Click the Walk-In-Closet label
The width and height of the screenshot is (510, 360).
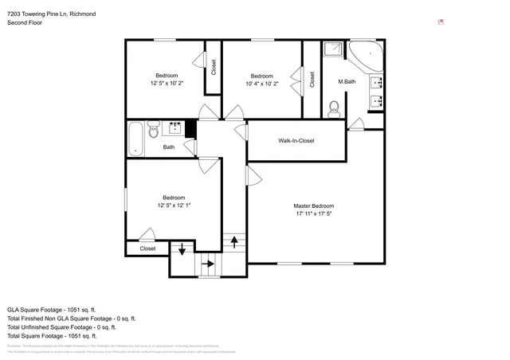coord(296,141)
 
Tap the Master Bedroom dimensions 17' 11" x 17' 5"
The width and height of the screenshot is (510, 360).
coord(313,213)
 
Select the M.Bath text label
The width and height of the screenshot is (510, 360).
coord(347,82)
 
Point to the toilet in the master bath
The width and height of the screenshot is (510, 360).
coord(335,107)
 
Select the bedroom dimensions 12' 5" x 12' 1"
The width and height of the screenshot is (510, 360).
coord(174,205)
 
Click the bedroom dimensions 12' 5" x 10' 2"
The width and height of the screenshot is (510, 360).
coord(166,83)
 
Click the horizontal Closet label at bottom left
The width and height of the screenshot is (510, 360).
coord(148,248)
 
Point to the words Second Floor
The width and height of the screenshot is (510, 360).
coord(24,23)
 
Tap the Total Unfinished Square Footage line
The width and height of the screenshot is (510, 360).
coord(61,327)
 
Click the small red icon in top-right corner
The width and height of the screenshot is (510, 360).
coord(441,22)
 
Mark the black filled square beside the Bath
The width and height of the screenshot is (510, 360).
coord(190,127)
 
